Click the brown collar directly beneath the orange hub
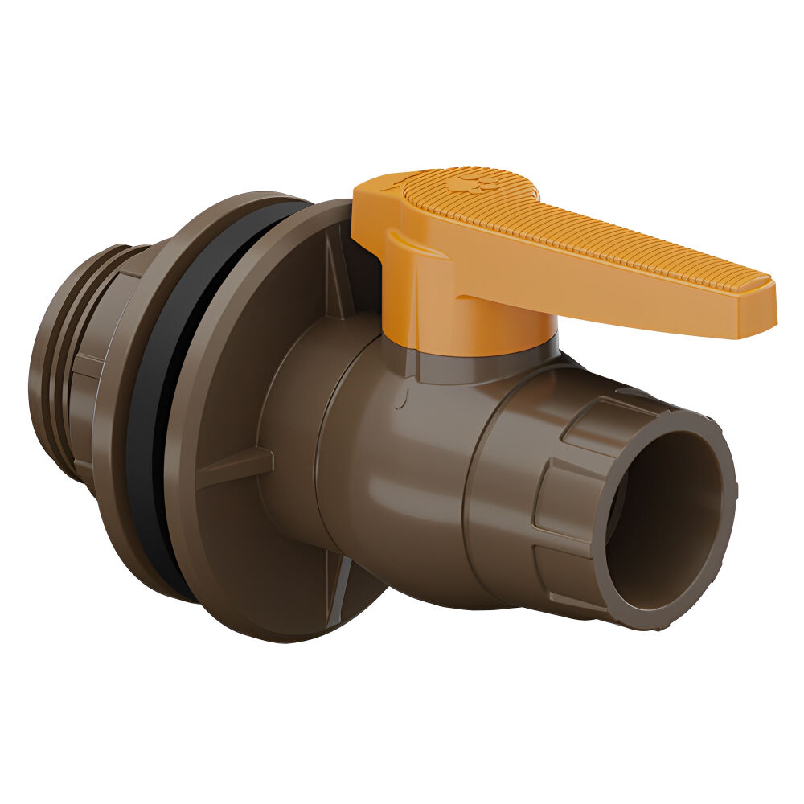[x=482, y=366]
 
